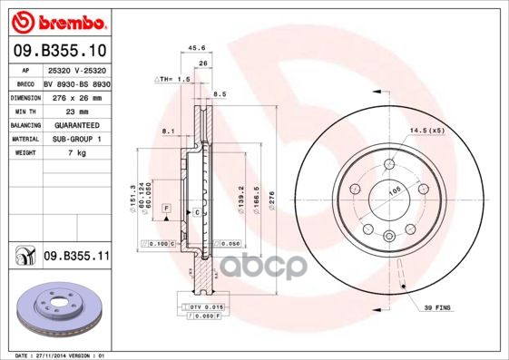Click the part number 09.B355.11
[x=77, y=258]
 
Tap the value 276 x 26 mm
[x=74, y=96]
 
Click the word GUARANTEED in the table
[x=75, y=124]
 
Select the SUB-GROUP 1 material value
[x=75, y=139]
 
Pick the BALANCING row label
[x=24, y=124]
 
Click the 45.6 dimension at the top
[x=195, y=49]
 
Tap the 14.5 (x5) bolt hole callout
[x=426, y=132]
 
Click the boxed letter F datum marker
[x=167, y=209]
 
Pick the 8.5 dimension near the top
[x=220, y=93]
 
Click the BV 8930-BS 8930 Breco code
[x=75, y=82]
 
